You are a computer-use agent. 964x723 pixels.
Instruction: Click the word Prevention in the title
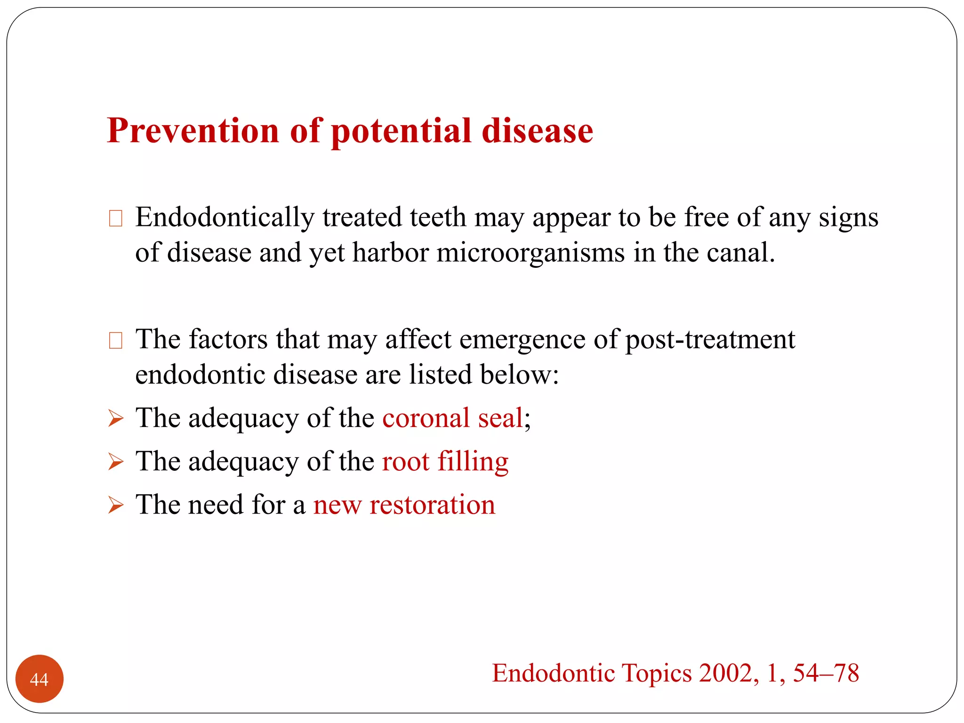click(193, 130)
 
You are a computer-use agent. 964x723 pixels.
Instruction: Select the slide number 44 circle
click(40, 679)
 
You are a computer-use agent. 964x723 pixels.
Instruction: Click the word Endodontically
click(225, 218)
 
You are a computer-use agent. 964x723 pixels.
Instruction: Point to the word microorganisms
click(530, 253)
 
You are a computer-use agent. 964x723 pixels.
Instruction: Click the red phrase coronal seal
click(452, 418)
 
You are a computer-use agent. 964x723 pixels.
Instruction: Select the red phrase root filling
click(445, 461)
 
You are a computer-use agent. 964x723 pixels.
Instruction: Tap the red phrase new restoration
click(404, 505)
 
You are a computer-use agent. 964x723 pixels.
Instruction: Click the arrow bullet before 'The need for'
click(115, 505)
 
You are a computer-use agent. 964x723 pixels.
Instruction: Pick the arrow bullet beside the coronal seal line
click(115, 418)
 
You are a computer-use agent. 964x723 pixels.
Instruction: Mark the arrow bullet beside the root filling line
click(115, 461)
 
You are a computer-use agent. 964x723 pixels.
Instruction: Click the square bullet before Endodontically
click(115, 218)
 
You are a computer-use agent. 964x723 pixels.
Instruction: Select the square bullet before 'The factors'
click(115, 340)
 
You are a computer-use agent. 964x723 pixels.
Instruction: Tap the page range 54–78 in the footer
click(826, 673)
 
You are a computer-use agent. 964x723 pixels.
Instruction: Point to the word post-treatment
click(710, 339)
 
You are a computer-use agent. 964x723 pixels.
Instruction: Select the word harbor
click(390, 253)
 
